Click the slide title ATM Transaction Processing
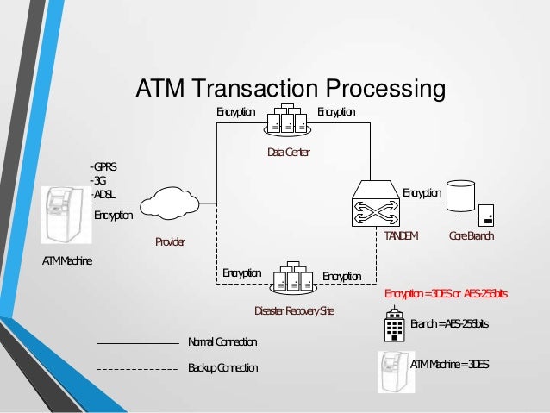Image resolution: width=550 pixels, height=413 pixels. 290,89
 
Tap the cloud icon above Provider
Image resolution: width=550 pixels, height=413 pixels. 170,205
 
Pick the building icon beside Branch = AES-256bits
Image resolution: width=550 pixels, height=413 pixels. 393,326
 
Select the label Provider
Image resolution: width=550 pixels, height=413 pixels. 170,242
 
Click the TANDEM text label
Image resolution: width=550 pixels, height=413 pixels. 401,235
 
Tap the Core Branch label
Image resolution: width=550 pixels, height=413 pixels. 472,235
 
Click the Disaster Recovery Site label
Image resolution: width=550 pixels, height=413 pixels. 294,310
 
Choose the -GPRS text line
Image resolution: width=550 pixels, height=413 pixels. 103,166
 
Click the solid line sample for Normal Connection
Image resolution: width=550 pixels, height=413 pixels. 136,343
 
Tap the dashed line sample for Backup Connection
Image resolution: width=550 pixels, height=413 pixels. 136,368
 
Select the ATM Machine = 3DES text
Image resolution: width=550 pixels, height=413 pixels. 450,365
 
